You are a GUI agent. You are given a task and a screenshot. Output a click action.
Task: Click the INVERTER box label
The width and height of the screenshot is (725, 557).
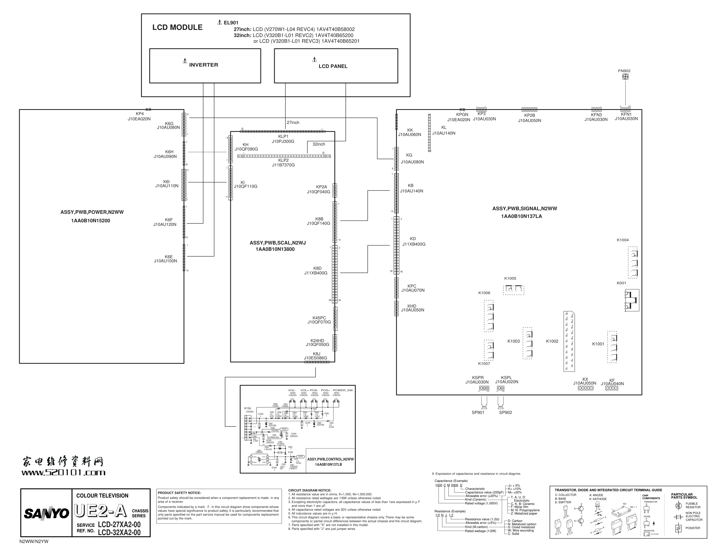(203, 65)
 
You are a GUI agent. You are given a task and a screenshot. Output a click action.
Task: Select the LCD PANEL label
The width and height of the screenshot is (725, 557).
(333, 66)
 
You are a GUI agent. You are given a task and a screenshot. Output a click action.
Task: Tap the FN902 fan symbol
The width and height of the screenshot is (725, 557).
(625, 76)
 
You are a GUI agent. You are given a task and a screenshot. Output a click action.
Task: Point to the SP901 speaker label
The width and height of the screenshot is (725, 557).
(478, 413)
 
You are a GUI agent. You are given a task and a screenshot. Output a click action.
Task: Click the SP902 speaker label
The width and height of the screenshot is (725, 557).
(505, 413)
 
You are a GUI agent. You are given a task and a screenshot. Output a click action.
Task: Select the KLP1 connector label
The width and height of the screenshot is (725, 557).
(283, 137)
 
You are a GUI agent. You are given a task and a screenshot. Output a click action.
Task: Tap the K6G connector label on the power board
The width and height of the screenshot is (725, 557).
(169, 124)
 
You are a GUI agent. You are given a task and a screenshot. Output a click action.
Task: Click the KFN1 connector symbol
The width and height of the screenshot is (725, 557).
(625, 109)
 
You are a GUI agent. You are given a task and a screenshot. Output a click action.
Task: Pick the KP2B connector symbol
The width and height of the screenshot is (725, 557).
(529, 109)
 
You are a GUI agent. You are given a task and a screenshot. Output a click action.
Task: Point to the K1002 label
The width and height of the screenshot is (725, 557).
(552, 342)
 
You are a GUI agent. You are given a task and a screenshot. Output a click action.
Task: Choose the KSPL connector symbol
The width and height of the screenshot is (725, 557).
(500, 388)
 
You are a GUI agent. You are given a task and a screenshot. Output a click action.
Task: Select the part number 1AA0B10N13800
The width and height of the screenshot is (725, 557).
(275, 249)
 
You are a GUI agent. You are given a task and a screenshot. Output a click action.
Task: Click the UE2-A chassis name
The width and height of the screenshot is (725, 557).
(101, 511)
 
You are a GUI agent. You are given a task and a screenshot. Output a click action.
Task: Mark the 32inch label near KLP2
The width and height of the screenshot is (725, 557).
(319, 144)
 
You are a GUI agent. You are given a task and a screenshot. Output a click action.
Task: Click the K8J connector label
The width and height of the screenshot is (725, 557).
(316, 354)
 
